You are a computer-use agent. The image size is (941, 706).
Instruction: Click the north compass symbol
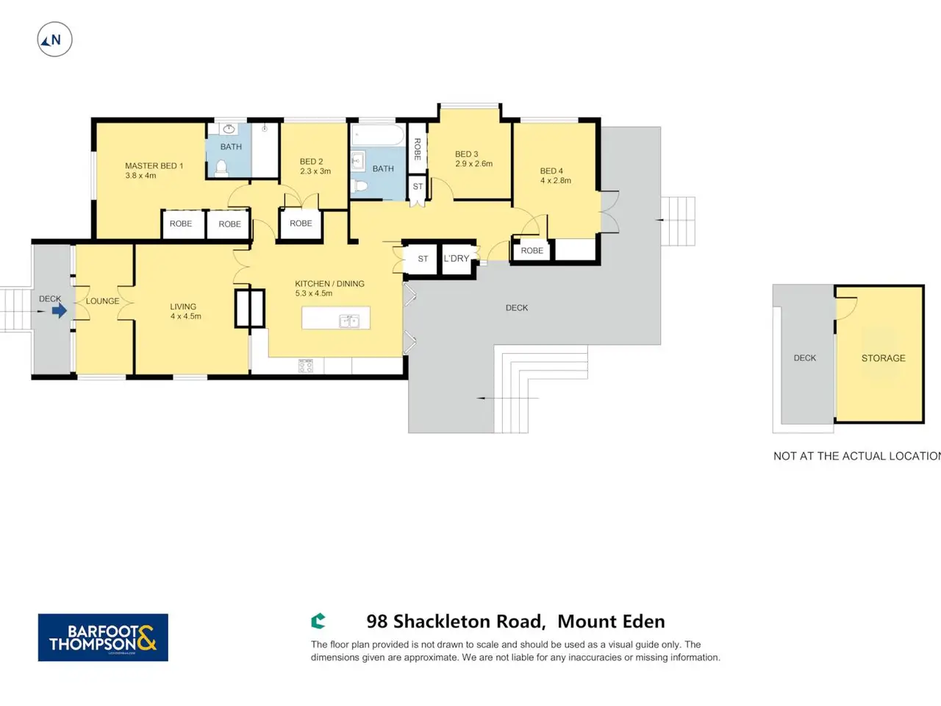pyautogui.click(x=54, y=40)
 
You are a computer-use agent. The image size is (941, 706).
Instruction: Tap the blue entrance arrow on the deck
pyautogui.click(x=59, y=311)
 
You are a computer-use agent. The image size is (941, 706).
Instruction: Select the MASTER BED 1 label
pyautogui.click(x=154, y=166)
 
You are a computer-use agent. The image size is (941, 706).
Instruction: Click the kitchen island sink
pyautogui.click(x=349, y=321)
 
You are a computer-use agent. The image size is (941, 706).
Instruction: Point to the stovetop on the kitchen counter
pyautogui.click(x=305, y=366)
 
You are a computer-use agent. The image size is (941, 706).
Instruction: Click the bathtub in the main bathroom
pyautogui.click(x=377, y=135)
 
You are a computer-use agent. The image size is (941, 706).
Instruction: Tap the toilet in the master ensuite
pyautogui.click(x=221, y=168)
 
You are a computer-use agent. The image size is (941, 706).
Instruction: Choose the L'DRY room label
pyautogui.click(x=456, y=258)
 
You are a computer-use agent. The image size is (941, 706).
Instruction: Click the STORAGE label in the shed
pyautogui.click(x=883, y=358)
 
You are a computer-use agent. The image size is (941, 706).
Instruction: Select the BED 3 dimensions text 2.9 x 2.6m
pyautogui.click(x=473, y=163)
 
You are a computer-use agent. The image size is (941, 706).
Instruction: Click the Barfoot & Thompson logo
pyautogui.click(x=103, y=638)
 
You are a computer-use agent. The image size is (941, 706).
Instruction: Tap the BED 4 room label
pyautogui.click(x=551, y=171)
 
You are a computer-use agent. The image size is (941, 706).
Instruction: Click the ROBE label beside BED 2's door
pyautogui.click(x=301, y=224)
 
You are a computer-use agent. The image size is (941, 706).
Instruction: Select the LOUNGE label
pyautogui.click(x=102, y=301)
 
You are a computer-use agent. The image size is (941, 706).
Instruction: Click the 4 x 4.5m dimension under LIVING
pyautogui.click(x=186, y=316)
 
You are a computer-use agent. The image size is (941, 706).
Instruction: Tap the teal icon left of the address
pyautogui.click(x=318, y=621)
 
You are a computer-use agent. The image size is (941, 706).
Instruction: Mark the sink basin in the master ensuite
pyautogui.click(x=229, y=129)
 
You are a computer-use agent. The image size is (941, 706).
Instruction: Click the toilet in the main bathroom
pyautogui.click(x=359, y=186)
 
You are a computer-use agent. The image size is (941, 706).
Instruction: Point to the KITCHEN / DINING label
pyautogui.click(x=329, y=284)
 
